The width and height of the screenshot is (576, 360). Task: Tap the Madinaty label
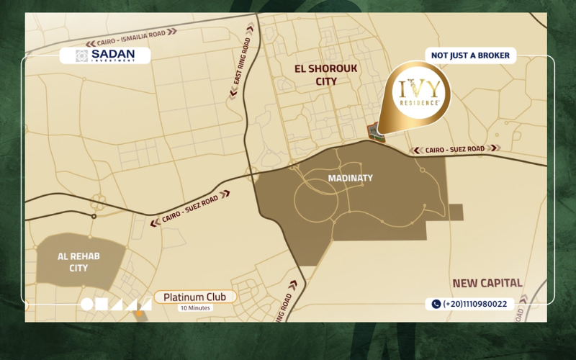[x=350, y=178]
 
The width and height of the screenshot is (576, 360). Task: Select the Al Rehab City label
[x=78, y=262]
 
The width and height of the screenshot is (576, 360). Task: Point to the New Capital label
[x=487, y=283]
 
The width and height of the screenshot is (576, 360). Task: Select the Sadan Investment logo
[x=105, y=55]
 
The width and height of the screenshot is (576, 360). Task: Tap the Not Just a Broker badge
[x=470, y=55]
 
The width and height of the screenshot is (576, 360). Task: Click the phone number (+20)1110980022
[x=470, y=304]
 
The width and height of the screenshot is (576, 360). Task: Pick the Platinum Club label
[x=194, y=297]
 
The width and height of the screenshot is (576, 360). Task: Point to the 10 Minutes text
[x=194, y=308]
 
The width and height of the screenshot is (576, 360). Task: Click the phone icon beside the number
[x=436, y=304]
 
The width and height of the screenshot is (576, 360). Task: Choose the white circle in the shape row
[x=87, y=304]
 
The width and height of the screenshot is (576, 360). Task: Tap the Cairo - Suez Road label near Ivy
[x=453, y=150]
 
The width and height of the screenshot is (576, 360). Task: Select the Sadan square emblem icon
[x=82, y=55]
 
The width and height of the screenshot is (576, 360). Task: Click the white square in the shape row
[x=102, y=304]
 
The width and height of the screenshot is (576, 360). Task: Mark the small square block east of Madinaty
[x=456, y=212]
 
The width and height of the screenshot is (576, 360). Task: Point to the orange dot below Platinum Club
[x=139, y=314]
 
